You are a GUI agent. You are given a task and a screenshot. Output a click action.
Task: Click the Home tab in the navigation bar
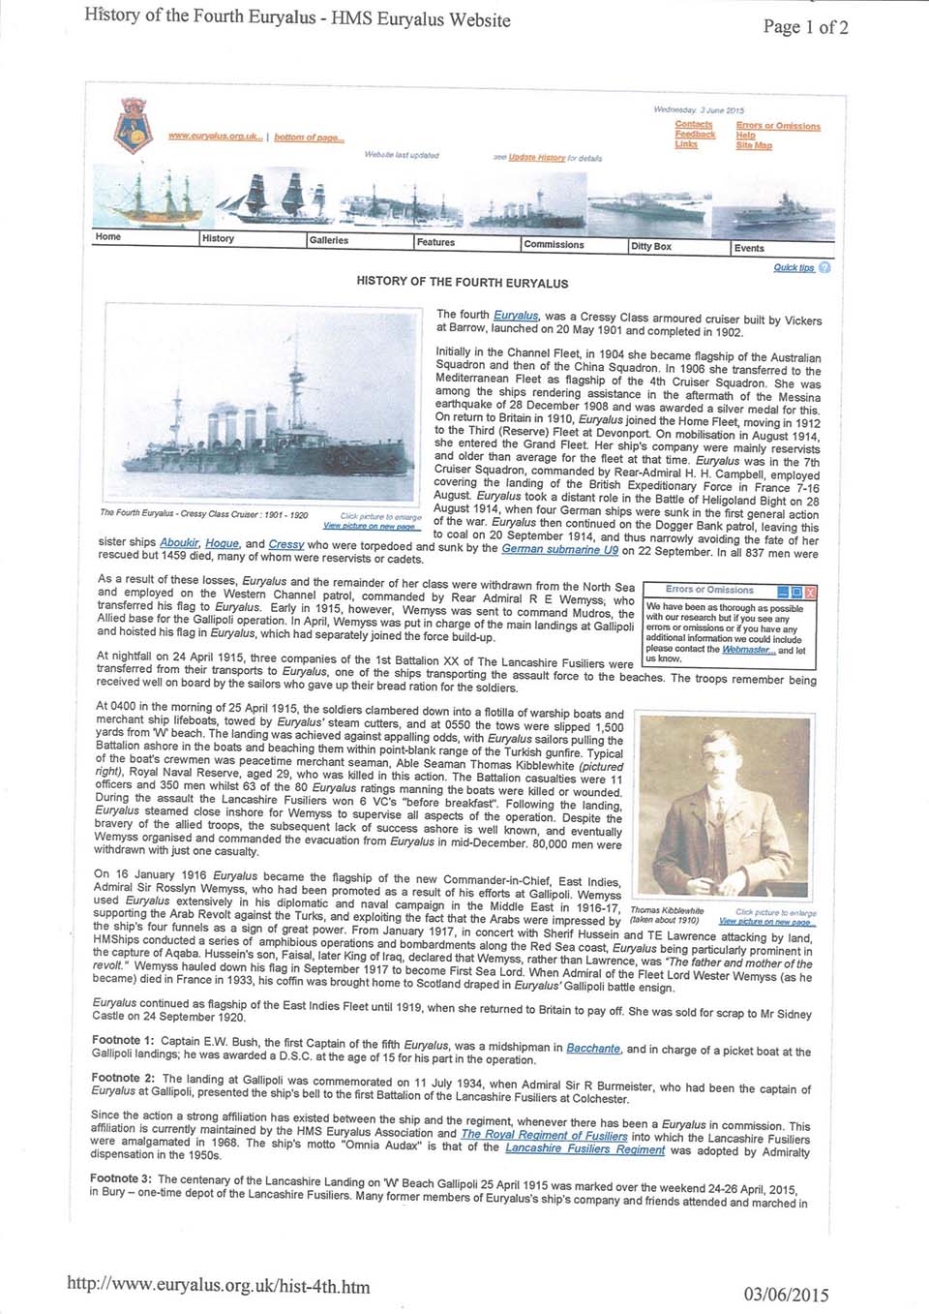108,236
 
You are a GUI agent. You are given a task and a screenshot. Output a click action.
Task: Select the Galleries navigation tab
329,240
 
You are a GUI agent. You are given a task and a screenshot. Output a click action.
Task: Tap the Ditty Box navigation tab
651,246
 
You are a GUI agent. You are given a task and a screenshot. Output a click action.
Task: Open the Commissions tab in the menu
554,244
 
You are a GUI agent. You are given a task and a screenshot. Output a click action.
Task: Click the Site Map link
754,145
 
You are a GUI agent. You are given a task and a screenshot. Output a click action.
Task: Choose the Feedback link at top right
695,135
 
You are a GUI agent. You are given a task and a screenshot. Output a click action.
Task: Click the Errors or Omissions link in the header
778,126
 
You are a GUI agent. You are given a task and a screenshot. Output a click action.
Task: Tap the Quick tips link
794,267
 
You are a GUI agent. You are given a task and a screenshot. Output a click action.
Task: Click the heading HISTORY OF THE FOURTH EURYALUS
463,283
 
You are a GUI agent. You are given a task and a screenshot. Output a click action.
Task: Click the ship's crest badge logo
132,126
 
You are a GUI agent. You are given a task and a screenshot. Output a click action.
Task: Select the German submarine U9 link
559,549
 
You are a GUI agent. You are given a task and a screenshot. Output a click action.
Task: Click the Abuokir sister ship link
179,543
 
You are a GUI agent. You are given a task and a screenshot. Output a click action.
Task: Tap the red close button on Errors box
811,591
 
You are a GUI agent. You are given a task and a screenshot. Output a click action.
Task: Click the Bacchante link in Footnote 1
593,1048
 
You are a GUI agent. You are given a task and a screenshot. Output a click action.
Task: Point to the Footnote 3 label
121,1178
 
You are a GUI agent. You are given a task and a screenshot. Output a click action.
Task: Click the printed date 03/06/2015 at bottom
786,1295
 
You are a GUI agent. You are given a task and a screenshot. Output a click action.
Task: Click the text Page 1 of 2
805,27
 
